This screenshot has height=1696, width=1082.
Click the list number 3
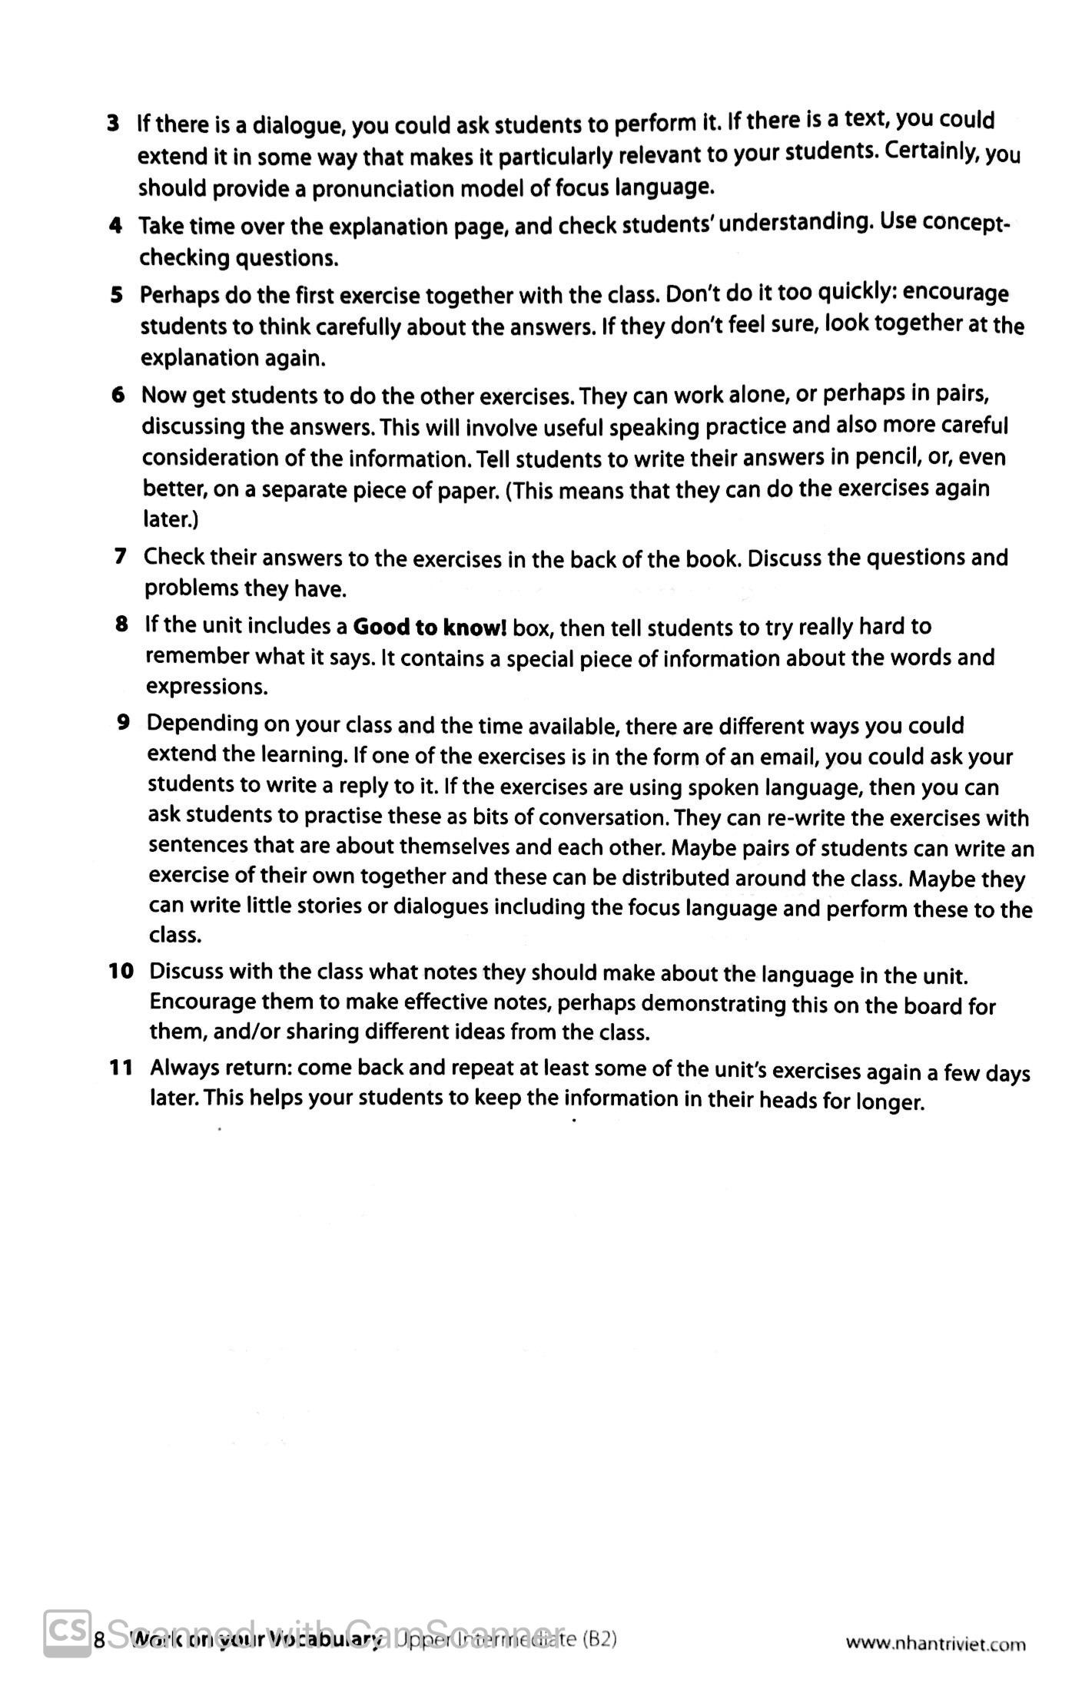[x=113, y=124]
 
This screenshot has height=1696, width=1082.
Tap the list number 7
[x=120, y=556]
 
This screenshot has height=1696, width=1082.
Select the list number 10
[x=121, y=971]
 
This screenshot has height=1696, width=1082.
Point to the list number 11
[x=121, y=1067]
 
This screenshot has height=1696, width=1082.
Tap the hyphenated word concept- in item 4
[x=966, y=223]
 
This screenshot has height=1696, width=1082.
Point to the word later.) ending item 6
[x=171, y=520]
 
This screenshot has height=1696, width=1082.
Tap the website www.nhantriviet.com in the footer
[x=935, y=1643]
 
